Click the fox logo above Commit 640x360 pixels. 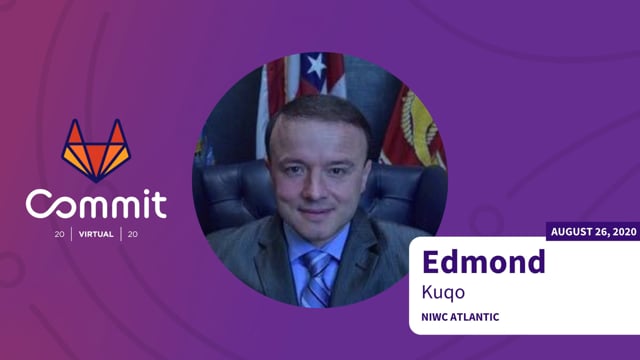pyautogui.click(x=96, y=149)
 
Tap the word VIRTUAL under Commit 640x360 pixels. pyautogui.click(x=96, y=235)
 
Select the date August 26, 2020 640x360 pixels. pyautogui.click(x=593, y=232)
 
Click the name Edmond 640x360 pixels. pyautogui.click(x=484, y=262)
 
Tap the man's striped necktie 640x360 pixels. pyautogui.click(x=317, y=279)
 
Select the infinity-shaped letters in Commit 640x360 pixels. pyautogui.click(x=80, y=204)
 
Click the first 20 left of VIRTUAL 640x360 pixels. pyautogui.click(x=61, y=235)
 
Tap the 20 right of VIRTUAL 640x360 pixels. pyautogui.click(x=131, y=235)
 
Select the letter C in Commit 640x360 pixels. pyautogui.click(x=39, y=204)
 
